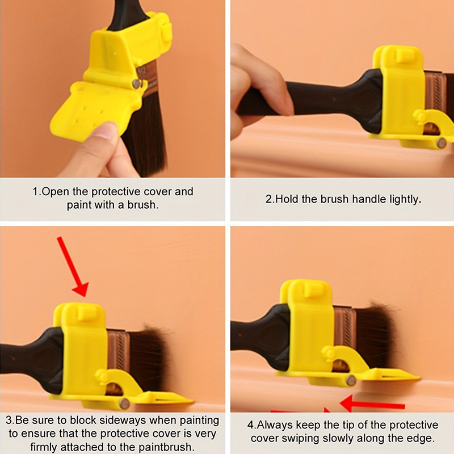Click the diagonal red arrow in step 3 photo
click(x=73, y=266)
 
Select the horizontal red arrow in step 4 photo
click(x=372, y=403)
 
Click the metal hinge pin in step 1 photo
click(x=136, y=84)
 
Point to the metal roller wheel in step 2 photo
click(x=442, y=143)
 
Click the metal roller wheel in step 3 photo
click(x=124, y=403)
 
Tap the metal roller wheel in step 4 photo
click(x=351, y=380)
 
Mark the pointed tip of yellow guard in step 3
click(x=192, y=401)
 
